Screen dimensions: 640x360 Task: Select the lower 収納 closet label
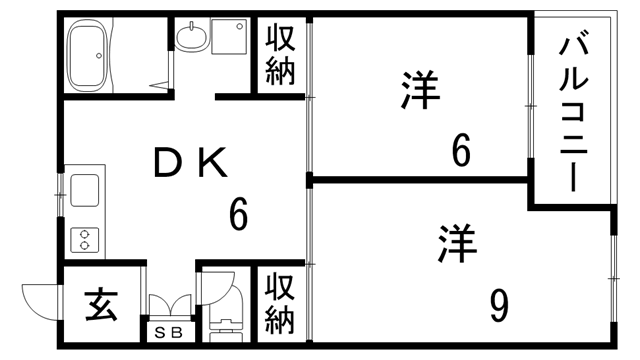pos(280,304)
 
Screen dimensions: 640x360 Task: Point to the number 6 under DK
pos(237,213)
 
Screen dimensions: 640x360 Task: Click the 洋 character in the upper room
pos(421,90)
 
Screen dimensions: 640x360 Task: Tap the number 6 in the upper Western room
pos(461,151)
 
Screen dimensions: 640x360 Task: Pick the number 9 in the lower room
pos(499,305)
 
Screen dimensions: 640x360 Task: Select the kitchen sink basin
pos(84,188)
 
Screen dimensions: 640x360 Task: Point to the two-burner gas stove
pos(84,238)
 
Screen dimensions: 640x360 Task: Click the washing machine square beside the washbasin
pos(230,38)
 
